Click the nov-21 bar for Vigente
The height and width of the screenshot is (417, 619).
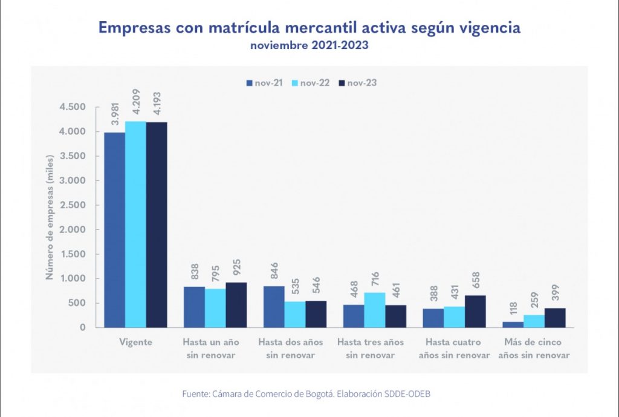pos(114,230)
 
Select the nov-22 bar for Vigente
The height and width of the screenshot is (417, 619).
pos(135,225)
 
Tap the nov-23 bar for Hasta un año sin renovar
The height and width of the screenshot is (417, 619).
pos(236,305)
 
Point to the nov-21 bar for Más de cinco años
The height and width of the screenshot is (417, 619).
pos(513,324)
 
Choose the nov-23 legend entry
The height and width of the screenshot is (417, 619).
pos(358,83)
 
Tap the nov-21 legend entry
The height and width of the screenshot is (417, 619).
pos(264,83)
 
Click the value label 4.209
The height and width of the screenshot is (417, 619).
pos(136,105)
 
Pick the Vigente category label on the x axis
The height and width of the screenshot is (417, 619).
pos(135,342)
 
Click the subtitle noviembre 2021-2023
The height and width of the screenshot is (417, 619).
pos(309,45)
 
